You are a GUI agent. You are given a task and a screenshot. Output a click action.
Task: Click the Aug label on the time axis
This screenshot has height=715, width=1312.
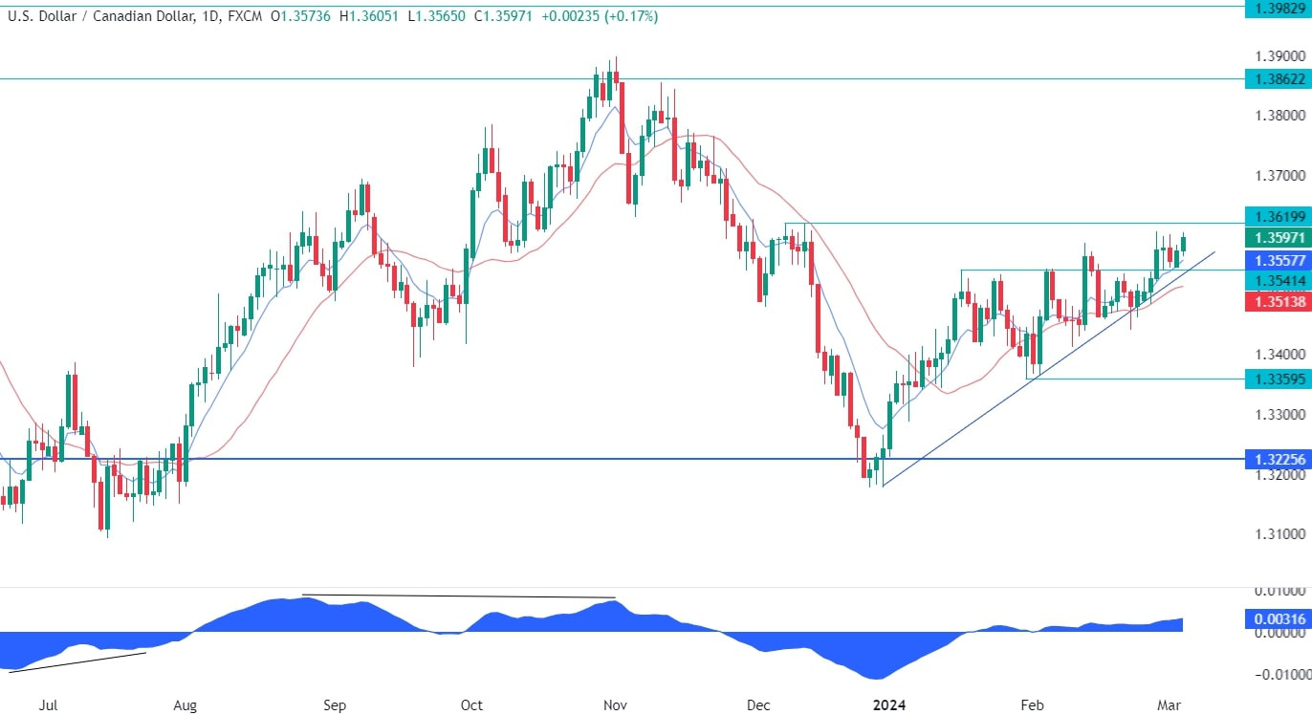point(185,705)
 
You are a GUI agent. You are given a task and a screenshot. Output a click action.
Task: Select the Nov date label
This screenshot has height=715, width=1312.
point(615,705)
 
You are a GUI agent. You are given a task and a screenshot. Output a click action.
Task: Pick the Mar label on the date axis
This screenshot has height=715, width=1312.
point(1170,705)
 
